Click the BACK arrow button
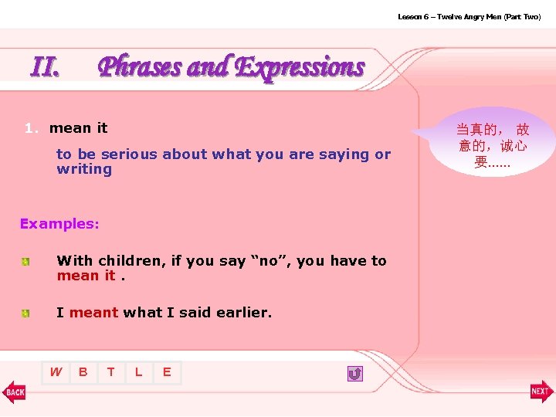point(14,392)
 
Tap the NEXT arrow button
point(541,392)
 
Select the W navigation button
point(56,372)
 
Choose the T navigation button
point(111,372)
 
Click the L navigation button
point(138,372)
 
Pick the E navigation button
point(166,372)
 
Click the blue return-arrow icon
point(354,374)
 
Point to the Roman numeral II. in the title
point(45,68)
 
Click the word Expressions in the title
point(299,67)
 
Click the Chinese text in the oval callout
point(492,145)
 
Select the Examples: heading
point(59,224)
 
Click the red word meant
point(93,313)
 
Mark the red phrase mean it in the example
point(86,276)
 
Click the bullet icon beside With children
point(25,263)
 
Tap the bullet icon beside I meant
point(25,314)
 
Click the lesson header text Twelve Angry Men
point(469,16)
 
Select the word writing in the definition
point(84,169)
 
